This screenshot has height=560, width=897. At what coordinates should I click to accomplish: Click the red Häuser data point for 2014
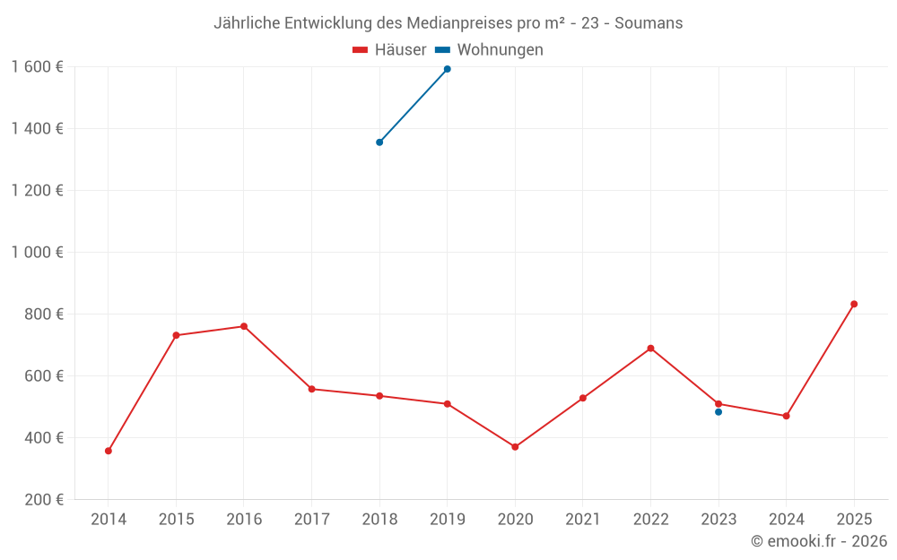(109, 451)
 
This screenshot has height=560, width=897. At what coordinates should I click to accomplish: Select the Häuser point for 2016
(244, 326)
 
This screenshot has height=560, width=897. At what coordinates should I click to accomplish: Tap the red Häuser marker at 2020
(515, 446)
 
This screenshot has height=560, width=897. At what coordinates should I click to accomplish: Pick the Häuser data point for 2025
(854, 304)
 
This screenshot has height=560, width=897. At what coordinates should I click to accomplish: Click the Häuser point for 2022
(650, 349)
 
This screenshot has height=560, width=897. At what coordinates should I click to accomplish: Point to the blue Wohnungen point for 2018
(379, 142)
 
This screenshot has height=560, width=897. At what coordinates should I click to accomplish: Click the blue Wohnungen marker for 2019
(448, 69)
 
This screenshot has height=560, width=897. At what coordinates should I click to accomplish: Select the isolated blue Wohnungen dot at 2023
(718, 412)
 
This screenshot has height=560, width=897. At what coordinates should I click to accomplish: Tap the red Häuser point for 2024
(786, 416)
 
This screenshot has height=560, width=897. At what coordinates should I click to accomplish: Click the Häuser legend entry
(389, 50)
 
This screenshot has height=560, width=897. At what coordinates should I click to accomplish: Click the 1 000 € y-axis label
(38, 253)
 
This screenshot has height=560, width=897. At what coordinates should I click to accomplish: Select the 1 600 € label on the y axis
(38, 67)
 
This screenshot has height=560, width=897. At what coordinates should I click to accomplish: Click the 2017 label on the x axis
(311, 520)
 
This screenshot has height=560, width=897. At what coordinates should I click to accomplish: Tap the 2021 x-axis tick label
(583, 520)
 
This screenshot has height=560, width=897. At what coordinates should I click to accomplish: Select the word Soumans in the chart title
(649, 23)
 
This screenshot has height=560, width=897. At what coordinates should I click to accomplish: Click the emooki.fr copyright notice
(819, 541)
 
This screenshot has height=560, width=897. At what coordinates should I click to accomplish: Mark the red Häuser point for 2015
(176, 335)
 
